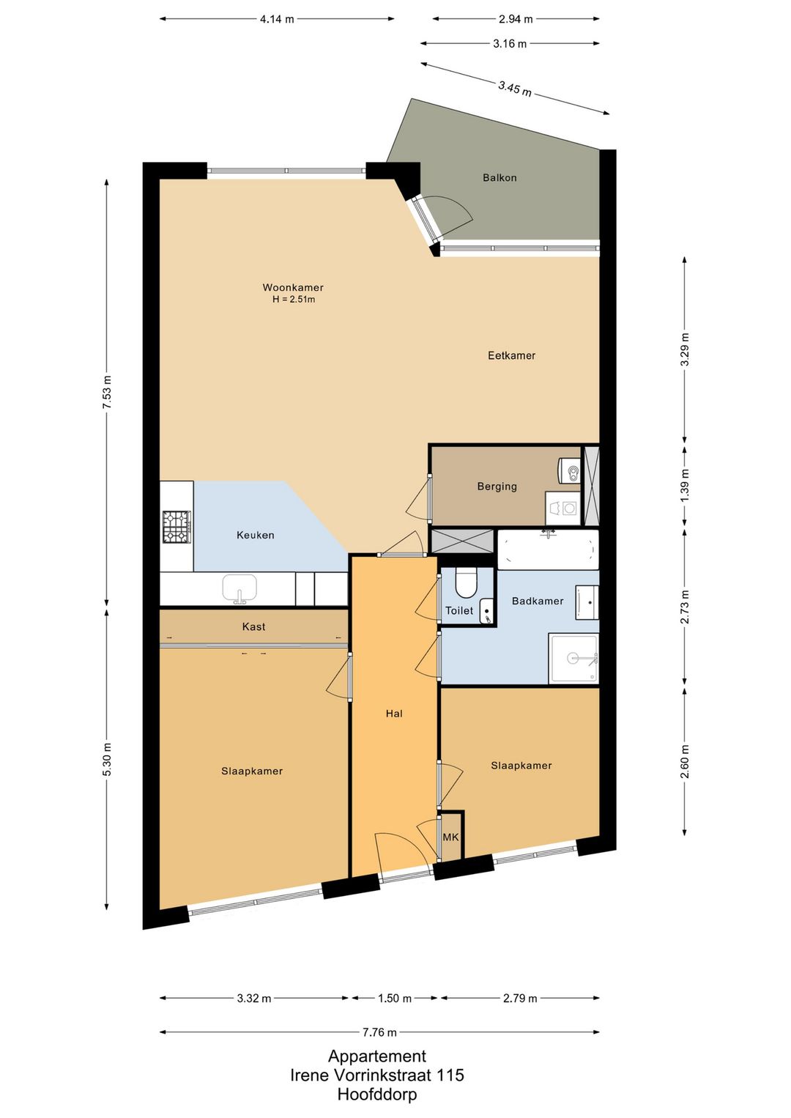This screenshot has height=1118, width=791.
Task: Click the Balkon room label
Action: tap(499, 178)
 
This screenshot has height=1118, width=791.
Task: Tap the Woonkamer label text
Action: tap(293, 287)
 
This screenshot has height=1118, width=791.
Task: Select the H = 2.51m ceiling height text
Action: tap(294, 300)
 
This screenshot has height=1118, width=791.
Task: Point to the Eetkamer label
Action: tap(511, 355)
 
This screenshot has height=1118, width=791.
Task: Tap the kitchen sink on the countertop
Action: tap(240, 588)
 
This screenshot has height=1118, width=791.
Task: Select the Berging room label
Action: tap(497, 486)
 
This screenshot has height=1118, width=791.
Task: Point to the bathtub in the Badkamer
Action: tap(548, 549)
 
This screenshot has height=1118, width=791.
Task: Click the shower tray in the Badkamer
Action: tap(573, 659)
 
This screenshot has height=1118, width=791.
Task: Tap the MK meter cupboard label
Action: tap(450, 837)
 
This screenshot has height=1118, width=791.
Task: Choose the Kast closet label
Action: tap(253, 626)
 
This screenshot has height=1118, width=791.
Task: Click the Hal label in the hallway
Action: tap(394, 714)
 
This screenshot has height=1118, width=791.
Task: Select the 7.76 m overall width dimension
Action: tap(380, 1032)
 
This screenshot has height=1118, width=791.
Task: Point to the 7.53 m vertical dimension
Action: tap(107, 392)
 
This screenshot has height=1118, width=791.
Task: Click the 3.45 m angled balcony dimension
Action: tap(515, 89)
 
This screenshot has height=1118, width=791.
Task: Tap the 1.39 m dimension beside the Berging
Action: tap(685, 486)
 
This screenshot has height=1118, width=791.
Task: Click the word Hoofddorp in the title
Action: tap(376, 1095)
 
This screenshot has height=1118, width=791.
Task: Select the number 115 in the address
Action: tap(450, 1075)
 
